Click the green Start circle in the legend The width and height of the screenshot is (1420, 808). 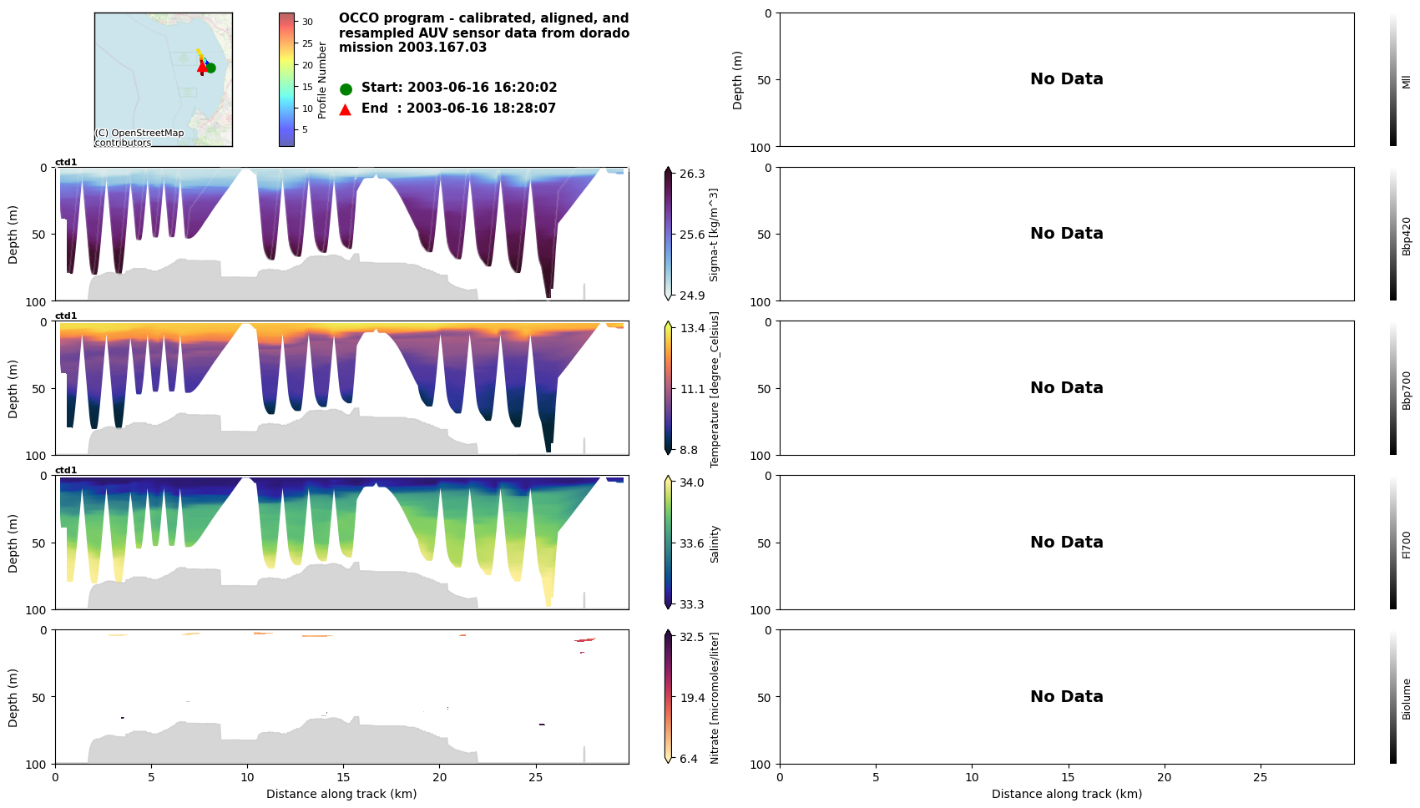pos(346,88)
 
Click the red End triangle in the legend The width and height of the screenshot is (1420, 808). pos(346,109)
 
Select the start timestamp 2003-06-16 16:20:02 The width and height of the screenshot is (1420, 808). pos(482,88)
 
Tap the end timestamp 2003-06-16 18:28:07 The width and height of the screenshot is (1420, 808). pos(481,109)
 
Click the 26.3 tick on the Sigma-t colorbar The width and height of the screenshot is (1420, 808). pos(692,174)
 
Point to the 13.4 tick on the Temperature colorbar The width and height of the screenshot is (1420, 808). pos(692,328)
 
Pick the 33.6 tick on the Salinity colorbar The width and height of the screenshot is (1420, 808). pos(692,543)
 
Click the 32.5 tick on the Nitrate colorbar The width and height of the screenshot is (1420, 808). pos(692,637)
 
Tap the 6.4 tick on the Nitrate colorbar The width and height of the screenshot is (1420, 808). pos(689,759)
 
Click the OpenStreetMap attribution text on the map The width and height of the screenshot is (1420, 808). pos(139,138)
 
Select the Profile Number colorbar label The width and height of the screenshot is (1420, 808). pos(322,80)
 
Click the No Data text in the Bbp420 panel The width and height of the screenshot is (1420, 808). pos(1066,234)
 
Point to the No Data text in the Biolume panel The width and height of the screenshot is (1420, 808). pos(1066,697)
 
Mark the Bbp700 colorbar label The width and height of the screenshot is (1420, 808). pos(1407,390)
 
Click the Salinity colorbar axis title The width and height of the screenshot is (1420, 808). pos(715,544)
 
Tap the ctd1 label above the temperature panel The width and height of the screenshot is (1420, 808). pos(66,316)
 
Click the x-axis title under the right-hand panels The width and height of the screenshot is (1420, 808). pos(1066,795)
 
